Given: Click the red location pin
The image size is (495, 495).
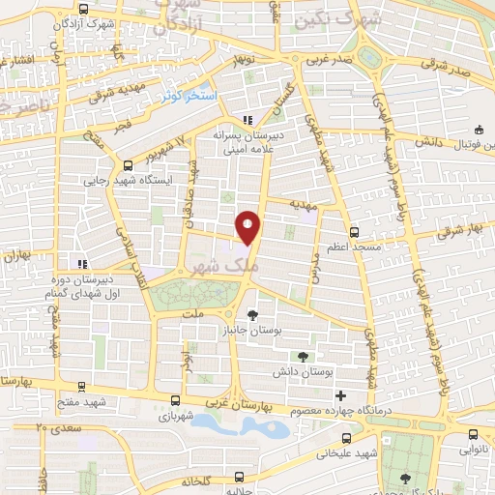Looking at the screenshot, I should (x=248, y=226).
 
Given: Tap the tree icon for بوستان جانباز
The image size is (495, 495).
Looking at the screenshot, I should (x=253, y=314).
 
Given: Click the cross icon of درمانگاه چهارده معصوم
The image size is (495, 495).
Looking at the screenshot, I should (x=339, y=395).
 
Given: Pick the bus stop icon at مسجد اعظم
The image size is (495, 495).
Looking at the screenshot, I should (x=354, y=232).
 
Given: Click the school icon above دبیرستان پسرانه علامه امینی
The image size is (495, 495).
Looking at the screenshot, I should (x=247, y=121).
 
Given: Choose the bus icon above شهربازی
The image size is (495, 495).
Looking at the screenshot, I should (x=175, y=400).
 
